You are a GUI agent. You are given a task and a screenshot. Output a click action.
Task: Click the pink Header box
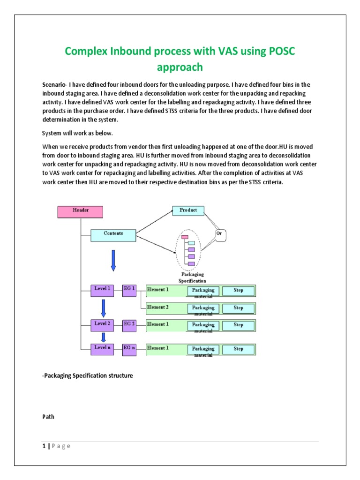click(80, 212)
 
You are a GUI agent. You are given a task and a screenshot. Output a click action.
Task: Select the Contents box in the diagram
click(113, 234)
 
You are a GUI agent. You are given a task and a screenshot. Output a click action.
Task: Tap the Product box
click(188, 211)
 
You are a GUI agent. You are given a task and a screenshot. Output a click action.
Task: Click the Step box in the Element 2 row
click(239, 308)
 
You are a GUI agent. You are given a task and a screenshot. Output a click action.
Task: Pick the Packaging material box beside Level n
click(203, 350)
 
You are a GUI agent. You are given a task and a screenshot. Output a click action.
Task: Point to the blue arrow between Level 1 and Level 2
click(104, 307)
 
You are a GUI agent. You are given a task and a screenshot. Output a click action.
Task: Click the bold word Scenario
click(54, 84)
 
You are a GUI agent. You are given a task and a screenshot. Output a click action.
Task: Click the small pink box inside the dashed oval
click(185, 237)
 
